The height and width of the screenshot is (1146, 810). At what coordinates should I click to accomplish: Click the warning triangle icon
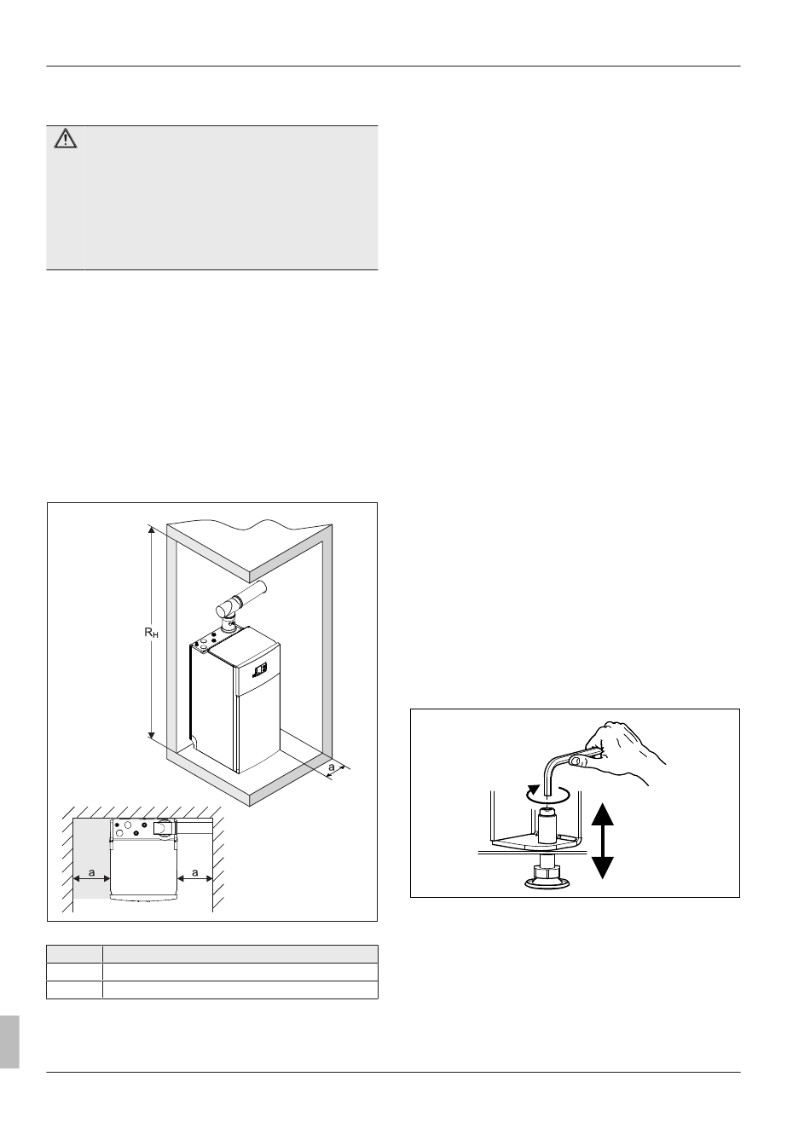pos(66,138)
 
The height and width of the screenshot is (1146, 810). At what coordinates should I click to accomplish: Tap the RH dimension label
pos(151,633)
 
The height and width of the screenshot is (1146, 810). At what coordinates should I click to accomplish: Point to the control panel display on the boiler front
pos(260,668)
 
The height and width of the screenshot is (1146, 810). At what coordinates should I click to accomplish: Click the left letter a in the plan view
pos(91,872)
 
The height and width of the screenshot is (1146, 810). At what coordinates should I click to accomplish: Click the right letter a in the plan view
pos(195,872)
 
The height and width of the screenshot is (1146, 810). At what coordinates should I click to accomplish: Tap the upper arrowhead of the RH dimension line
pos(152,530)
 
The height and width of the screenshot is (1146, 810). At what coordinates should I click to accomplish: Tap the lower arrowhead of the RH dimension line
pos(152,735)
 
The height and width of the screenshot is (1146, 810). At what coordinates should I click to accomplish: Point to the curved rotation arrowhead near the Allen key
pos(535,789)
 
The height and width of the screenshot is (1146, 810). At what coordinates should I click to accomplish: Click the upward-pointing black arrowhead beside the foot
pos(603,815)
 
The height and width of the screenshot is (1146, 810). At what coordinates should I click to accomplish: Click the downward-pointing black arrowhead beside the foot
pos(603,868)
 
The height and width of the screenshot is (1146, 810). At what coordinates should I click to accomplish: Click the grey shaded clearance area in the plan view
pos(92,859)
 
